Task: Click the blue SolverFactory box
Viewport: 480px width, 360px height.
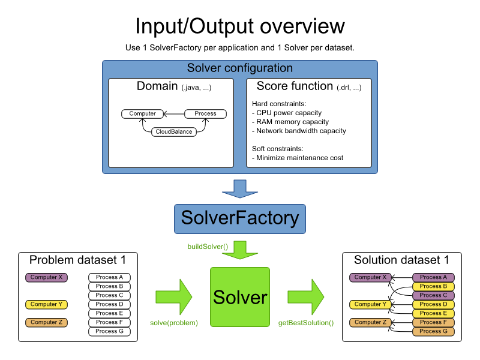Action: [x=240, y=218]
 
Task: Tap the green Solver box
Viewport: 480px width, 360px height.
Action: [x=240, y=296]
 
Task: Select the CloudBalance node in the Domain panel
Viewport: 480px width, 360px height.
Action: [x=174, y=131]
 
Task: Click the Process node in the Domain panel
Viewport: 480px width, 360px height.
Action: [x=205, y=113]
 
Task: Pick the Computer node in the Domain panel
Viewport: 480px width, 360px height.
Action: [x=142, y=113]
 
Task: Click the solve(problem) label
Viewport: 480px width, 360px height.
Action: [x=174, y=323]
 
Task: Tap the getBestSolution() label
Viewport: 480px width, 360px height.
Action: [x=306, y=323]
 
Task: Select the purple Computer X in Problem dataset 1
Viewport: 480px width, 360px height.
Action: [x=47, y=277]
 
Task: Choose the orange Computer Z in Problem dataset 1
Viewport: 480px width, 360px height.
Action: [x=47, y=322]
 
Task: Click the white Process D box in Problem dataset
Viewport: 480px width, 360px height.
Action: [x=109, y=304]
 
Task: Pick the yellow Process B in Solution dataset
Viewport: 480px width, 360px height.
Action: [x=433, y=286]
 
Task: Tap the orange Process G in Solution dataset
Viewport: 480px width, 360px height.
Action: [x=433, y=331]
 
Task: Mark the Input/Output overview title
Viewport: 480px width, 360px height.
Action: [x=240, y=26]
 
